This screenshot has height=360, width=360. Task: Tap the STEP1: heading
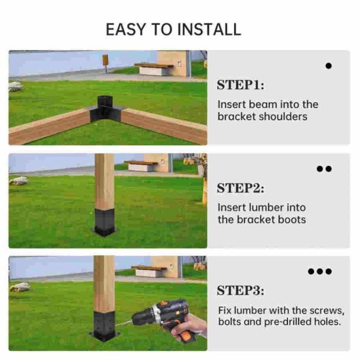point(241,85)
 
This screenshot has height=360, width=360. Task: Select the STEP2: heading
point(241,188)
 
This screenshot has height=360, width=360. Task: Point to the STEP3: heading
point(241,291)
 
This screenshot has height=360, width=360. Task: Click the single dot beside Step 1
point(328,66)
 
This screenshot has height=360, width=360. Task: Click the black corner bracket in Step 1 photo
point(105,110)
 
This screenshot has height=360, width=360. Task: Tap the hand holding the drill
point(188,328)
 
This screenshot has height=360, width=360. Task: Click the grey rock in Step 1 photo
point(15,86)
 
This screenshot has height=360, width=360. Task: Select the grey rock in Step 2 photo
point(19,181)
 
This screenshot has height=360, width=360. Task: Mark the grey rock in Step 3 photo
point(20,287)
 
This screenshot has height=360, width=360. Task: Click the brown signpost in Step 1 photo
point(105,63)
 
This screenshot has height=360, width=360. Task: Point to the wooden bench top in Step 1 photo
point(154,65)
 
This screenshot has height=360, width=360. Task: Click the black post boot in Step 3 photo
point(105,326)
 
